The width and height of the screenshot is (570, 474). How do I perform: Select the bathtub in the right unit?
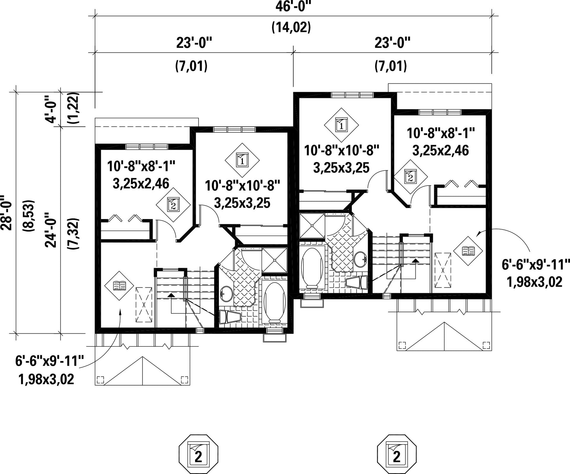click(312, 267)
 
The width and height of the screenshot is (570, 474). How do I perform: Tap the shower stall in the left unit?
click(274, 260)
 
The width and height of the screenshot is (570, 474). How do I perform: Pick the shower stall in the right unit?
click(312, 226)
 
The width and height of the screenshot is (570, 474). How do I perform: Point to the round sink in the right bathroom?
click(360, 259)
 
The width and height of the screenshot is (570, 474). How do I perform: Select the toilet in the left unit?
click(230, 317)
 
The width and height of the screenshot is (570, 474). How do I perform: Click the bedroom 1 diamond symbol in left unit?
click(242, 160)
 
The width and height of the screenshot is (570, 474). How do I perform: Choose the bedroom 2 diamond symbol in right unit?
click(410, 176)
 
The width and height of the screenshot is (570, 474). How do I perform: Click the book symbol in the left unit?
click(120, 286)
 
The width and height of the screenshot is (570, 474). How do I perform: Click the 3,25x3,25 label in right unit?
click(341, 168)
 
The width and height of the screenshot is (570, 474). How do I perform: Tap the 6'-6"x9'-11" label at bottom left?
click(50, 361)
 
